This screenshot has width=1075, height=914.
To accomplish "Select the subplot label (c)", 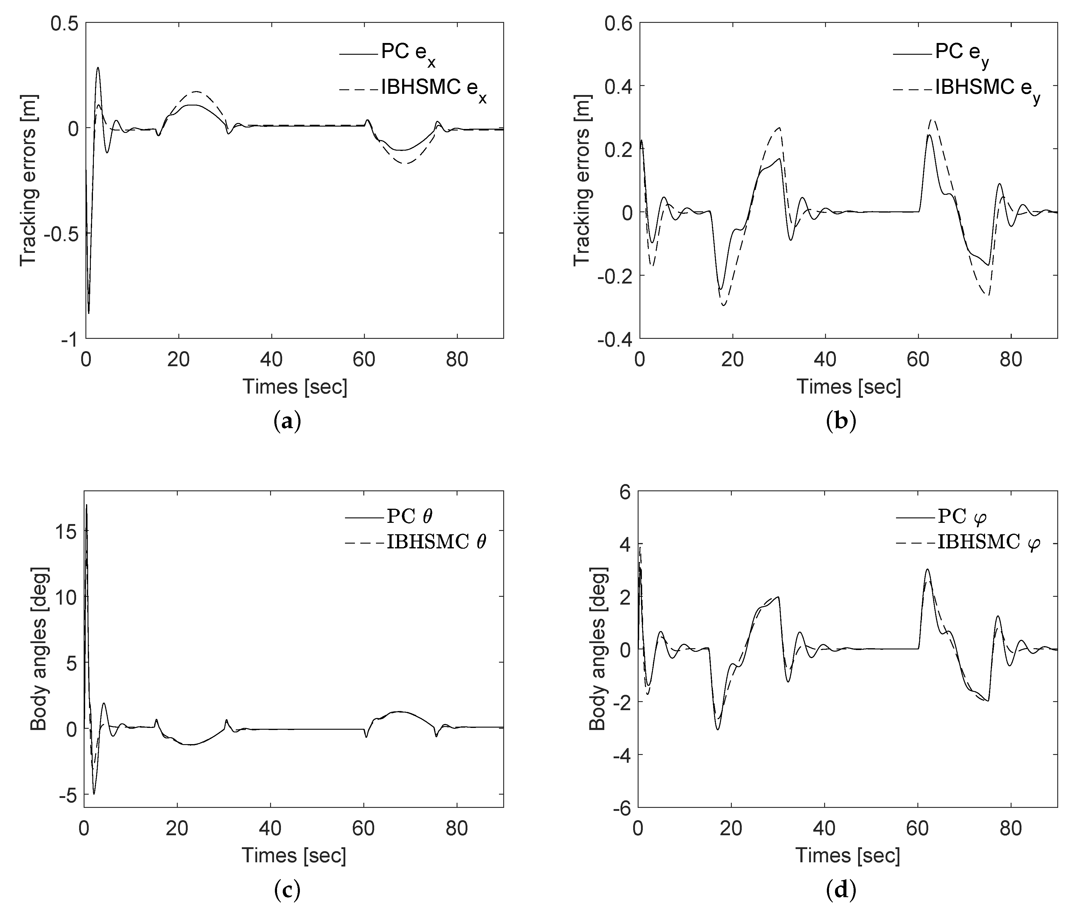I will point(287,890).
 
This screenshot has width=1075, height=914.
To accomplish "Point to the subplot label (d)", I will point(841,890).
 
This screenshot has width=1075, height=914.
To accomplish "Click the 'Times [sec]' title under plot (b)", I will point(849,387).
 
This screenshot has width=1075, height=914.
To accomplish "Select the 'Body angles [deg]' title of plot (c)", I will point(39,649).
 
